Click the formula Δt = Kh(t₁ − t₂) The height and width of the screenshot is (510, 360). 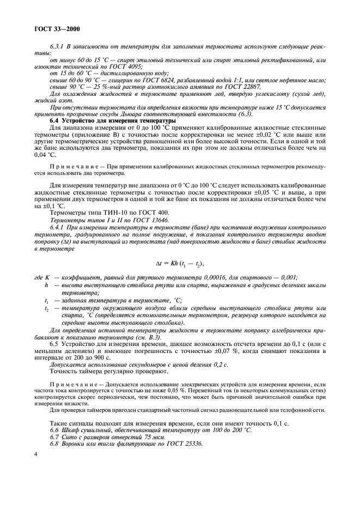172,264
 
